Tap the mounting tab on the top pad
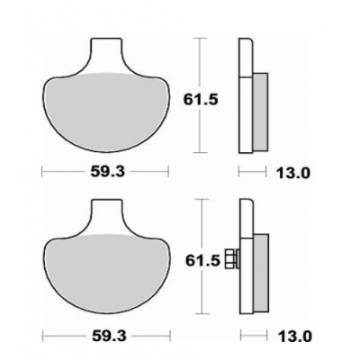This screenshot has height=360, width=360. [x=105, y=54]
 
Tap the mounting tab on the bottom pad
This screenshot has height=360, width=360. [x=105, y=216]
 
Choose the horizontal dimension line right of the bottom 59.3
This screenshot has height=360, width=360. [x=148, y=337]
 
